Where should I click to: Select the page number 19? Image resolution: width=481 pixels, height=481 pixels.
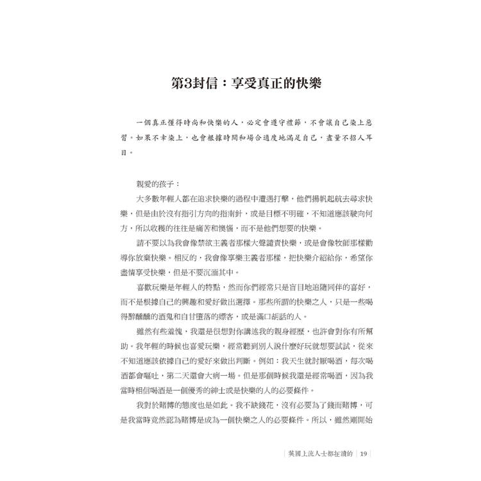364,455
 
